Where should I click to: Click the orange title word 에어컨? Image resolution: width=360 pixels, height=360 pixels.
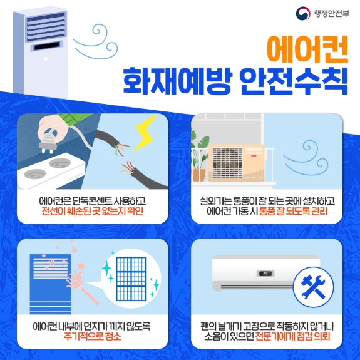(x=307, y=49)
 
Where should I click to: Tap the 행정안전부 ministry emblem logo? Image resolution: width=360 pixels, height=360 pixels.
(x=303, y=13)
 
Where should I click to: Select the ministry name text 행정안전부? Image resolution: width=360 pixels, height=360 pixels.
(x=331, y=14)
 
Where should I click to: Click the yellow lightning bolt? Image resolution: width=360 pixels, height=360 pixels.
(x=145, y=133)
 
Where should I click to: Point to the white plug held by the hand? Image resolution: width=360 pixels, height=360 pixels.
(x=48, y=141)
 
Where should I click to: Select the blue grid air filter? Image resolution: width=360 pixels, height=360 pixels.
(x=131, y=279)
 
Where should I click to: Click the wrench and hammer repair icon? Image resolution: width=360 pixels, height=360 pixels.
(x=314, y=287)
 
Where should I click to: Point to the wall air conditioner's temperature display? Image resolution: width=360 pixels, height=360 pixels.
(x=265, y=274)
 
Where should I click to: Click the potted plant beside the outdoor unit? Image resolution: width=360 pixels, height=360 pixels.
(x=199, y=155)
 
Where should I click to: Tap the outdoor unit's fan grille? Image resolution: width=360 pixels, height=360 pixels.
(x=227, y=163)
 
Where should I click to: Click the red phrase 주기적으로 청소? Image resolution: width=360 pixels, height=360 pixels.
(x=92, y=336)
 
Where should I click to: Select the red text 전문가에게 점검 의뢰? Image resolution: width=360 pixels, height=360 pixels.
(x=293, y=336)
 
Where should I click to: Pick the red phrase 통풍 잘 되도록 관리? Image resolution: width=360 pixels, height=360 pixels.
(x=293, y=211)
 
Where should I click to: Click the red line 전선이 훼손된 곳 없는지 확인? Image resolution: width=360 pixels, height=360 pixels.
(x=92, y=211)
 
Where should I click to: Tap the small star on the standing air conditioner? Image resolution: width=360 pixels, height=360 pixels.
(x=46, y=59)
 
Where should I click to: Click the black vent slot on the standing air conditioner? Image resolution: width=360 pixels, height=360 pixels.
(x=46, y=46)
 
